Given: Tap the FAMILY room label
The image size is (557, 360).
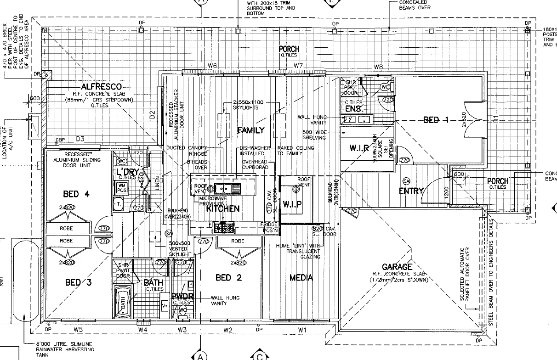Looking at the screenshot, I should tap(251, 130).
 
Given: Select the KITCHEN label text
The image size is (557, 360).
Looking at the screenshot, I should tap(223, 208).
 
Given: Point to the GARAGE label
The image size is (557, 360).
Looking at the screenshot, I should tap(397, 267).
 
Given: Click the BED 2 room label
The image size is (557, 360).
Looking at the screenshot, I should tap(228, 277).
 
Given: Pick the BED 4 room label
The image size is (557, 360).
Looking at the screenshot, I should tap(76, 194).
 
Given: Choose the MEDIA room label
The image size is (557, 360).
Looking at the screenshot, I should tap(301, 277).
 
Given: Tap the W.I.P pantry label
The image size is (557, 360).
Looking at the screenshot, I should tap(292, 204).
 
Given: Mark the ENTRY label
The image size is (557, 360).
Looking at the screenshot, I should tap(411, 191).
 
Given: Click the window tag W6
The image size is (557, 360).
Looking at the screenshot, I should tap(212, 66).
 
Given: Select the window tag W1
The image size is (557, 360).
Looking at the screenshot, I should tap(302, 329).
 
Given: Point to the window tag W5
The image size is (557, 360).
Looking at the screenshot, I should tap(78, 329).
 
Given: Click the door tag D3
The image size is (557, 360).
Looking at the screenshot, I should tap(80, 139).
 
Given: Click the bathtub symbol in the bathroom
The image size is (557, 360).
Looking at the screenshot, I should tap(123, 301).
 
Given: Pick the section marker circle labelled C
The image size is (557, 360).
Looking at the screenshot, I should tap(260, 356).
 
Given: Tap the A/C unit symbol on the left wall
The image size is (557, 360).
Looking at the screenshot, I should tap(34, 125).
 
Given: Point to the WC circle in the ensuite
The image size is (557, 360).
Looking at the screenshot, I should tap(385, 87).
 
